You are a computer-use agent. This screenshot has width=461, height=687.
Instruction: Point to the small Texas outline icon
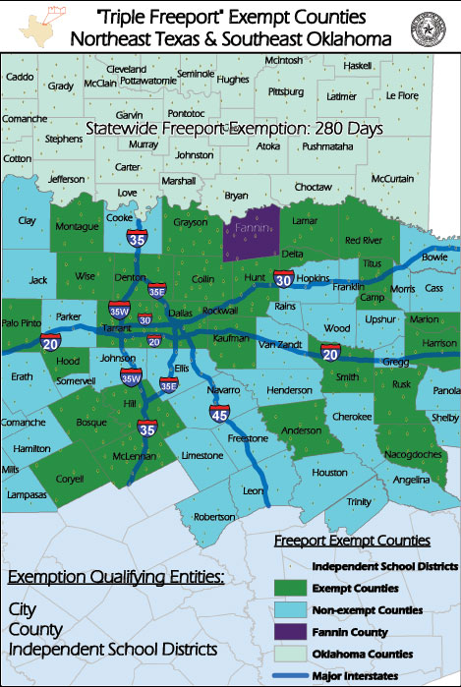(32, 21)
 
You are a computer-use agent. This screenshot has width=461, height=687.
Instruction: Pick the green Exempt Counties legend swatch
(292, 590)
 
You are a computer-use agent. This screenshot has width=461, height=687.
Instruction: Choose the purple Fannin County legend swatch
(292, 633)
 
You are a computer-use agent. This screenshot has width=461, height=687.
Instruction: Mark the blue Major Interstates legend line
(292, 674)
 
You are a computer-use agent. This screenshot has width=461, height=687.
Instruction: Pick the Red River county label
(363, 241)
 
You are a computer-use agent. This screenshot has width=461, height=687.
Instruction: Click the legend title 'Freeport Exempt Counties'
(350, 541)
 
